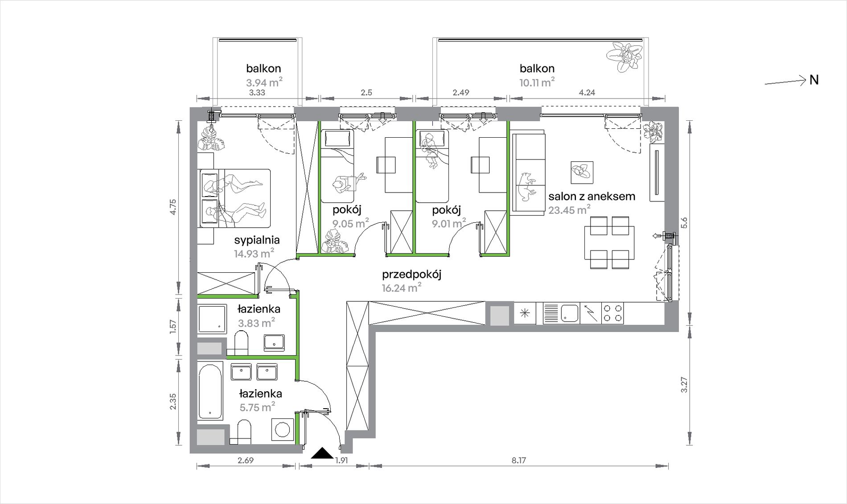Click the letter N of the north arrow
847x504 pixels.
[814, 80]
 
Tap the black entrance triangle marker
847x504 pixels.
[322, 453]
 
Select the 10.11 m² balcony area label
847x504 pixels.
[537, 82]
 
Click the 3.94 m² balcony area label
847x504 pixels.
[264, 82]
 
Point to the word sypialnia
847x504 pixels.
[257, 240]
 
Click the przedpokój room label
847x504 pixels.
[411, 275]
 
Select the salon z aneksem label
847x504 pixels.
[592, 196]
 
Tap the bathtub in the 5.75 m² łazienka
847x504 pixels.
[210, 392]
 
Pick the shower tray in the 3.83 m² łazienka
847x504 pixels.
[212, 319]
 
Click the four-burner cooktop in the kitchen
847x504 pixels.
[613, 313]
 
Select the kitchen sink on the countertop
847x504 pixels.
[569, 313]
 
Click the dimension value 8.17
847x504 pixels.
[519, 460]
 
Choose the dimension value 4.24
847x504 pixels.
[586, 93]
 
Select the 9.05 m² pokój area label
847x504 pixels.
[351, 223]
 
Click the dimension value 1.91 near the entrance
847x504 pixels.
[341, 460]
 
